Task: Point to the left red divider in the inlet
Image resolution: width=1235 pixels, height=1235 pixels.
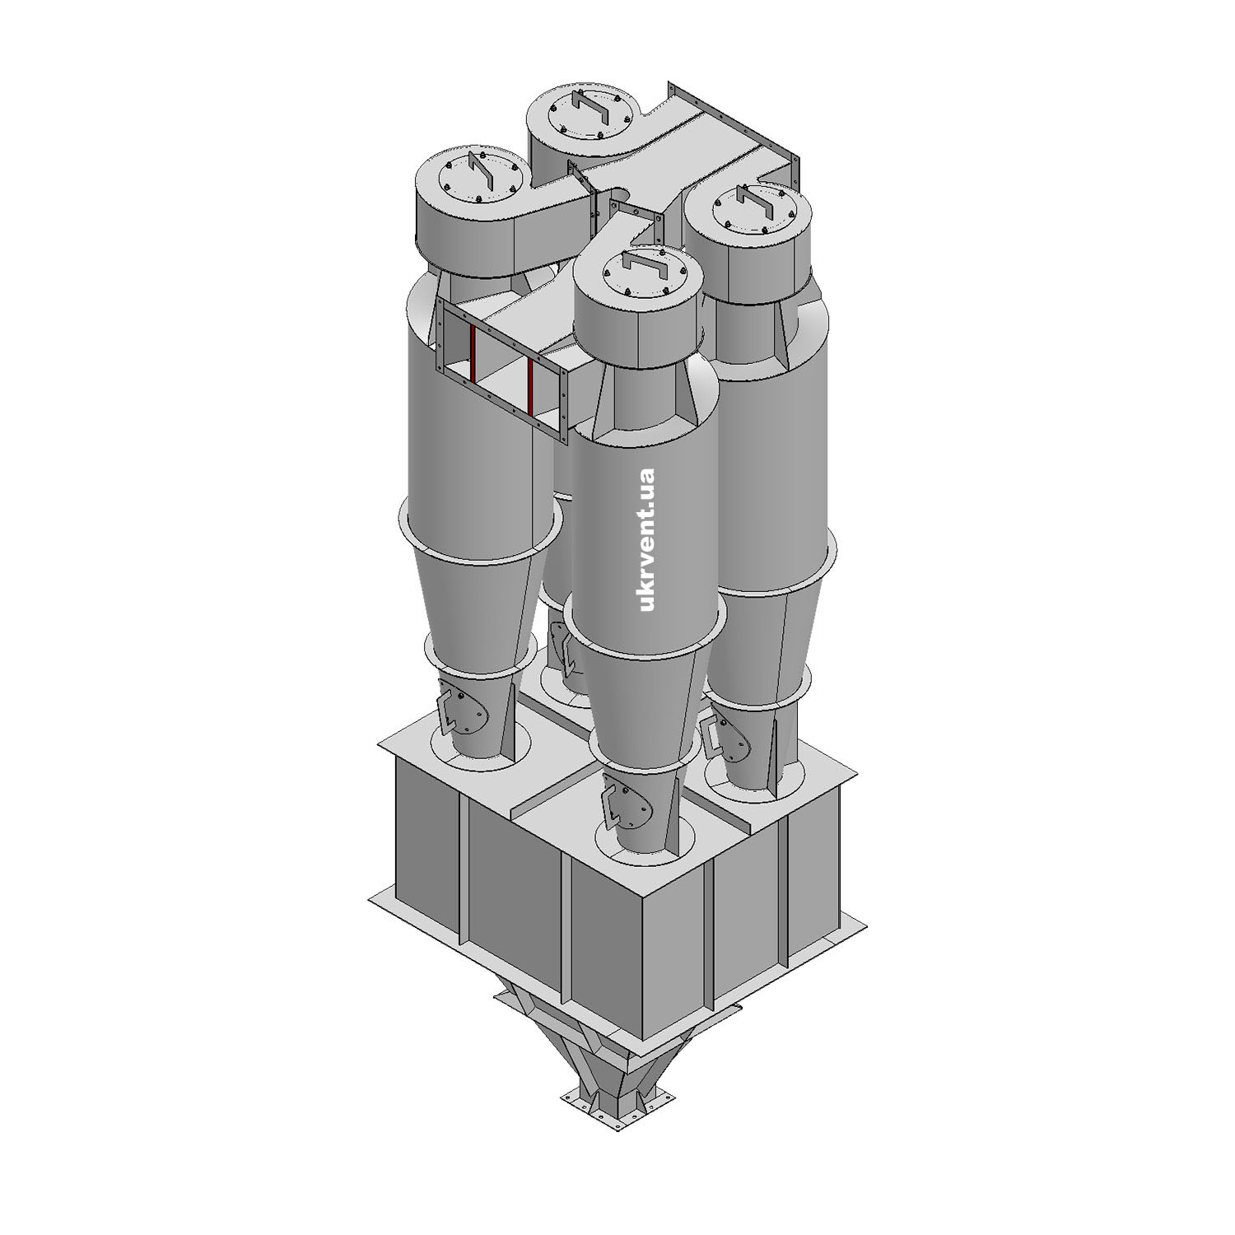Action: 473,355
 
